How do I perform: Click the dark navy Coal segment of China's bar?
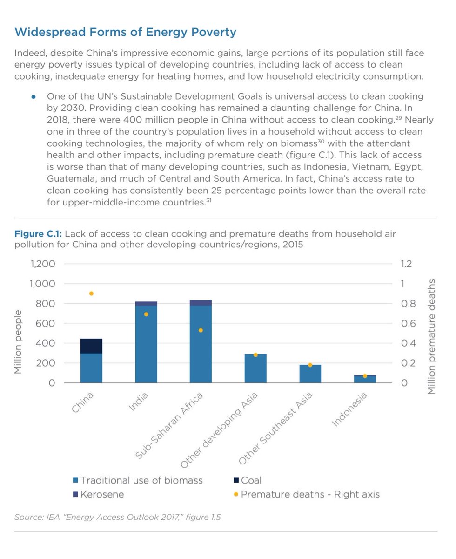91,346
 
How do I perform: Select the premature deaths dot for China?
91,293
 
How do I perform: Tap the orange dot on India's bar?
146,314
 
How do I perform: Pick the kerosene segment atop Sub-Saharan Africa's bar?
201,303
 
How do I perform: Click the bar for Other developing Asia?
255,368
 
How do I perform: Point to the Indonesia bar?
365,379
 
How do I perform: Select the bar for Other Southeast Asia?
310,374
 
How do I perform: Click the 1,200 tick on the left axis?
43,264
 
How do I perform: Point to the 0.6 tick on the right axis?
408,323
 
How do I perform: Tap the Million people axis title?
18,342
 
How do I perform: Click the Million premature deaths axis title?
431,337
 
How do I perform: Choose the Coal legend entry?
248,480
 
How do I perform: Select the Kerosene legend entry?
98,494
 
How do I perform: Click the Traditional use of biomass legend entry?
138,480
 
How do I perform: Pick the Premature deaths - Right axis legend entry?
307,494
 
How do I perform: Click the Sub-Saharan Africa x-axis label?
169,426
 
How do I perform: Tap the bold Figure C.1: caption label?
38,234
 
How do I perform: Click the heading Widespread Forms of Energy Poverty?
125,32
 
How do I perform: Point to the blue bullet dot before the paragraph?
34,97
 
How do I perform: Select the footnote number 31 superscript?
208,200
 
